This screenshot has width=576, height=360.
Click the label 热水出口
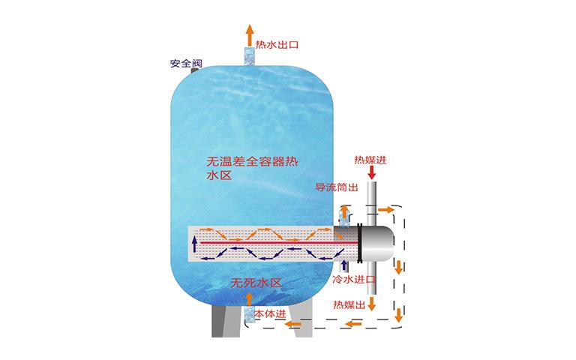click(x=277, y=45)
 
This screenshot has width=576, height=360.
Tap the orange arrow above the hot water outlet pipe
click(x=250, y=35)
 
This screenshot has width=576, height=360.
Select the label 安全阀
click(x=186, y=63)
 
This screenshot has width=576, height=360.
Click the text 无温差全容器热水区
click(x=252, y=168)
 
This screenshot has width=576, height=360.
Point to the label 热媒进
click(x=370, y=160)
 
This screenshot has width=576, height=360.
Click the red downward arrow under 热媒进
click(x=372, y=172)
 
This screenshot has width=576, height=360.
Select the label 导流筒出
click(x=337, y=187)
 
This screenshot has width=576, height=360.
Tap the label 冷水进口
click(x=354, y=280)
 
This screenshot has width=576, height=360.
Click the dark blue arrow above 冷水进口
click(x=343, y=266)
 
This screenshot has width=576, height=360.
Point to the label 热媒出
click(x=349, y=304)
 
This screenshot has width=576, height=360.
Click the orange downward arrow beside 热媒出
click(x=372, y=304)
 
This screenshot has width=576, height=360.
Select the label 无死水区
click(x=256, y=283)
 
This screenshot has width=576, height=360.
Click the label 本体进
click(x=270, y=314)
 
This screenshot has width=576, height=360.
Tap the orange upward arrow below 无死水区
click(x=249, y=299)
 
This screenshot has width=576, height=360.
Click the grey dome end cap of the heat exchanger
click(x=378, y=243)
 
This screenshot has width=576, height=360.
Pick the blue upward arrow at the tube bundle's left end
click(x=195, y=244)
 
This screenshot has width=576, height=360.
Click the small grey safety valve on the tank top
click(x=194, y=70)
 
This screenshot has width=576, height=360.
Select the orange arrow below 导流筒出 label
click(x=344, y=212)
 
